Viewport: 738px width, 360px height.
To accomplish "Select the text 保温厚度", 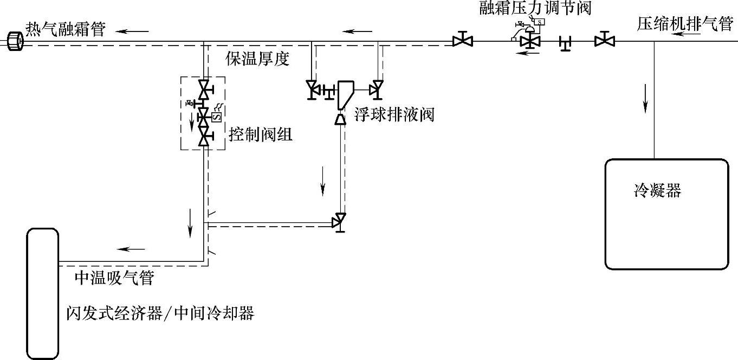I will pyautogui.click(x=257, y=59).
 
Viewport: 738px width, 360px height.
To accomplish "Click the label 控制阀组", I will pyautogui.click(x=261, y=134).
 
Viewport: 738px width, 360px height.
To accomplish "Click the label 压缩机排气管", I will pyautogui.click(x=684, y=24).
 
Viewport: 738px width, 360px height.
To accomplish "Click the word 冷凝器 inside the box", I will pyautogui.click(x=657, y=191).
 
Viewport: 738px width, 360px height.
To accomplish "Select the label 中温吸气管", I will pyautogui.click(x=114, y=278).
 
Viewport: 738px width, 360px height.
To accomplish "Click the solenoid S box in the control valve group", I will pyautogui.click(x=216, y=115).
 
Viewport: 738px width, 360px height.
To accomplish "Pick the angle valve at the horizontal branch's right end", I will pyautogui.click(x=340, y=221).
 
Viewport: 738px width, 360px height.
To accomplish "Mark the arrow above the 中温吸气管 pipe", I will pyautogui.click(x=131, y=249).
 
